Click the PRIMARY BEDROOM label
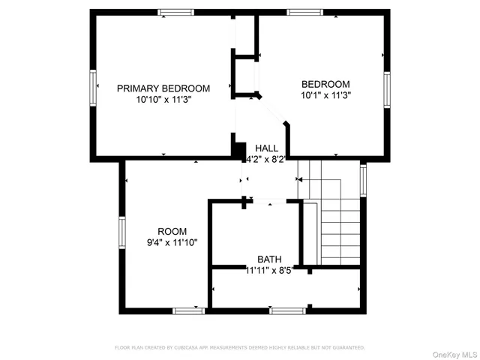(163, 88)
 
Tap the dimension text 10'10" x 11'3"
(163, 99)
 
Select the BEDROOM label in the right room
(325, 84)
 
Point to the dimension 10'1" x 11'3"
(325, 95)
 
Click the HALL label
(266, 148)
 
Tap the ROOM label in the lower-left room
(172, 231)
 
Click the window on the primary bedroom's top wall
(175, 12)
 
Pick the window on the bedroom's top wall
(305, 12)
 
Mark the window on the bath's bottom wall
(287, 310)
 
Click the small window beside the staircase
(363, 181)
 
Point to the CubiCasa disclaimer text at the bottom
(239, 348)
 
